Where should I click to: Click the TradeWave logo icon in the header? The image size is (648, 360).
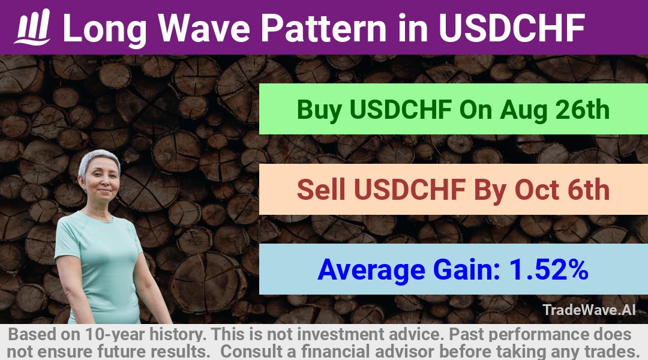(x=32, y=27)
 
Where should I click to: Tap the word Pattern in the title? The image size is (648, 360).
(x=323, y=28)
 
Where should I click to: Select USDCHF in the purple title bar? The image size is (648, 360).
(x=512, y=28)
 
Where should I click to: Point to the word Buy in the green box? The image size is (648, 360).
(x=319, y=110)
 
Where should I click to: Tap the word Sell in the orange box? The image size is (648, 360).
(x=321, y=190)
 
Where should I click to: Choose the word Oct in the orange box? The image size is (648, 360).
(x=537, y=190)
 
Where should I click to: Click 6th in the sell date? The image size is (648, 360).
(x=589, y=190)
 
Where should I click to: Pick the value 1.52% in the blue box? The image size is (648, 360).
(x=549, y=269)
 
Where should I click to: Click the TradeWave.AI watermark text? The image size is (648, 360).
(x=589, y=310)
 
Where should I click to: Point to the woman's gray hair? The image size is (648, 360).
(x=98, y=160)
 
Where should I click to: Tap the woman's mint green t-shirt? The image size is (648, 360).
(x=99, y=265)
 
